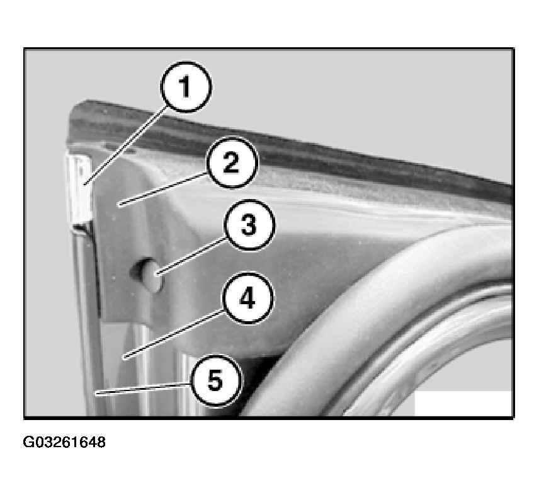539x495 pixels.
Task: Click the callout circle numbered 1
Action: click(x=186, y=87)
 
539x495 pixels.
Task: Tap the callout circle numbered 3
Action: click(x=249, y=225)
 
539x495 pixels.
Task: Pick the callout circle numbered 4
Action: click(x=248, y=298)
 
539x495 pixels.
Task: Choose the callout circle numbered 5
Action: click(x=216, y=381)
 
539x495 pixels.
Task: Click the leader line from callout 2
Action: click(x=162, y=190)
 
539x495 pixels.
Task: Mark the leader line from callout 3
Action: click(x=191, y=256)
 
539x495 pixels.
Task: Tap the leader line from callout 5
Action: click(x=143, y=389)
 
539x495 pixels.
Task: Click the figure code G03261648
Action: click(x=64, y=442)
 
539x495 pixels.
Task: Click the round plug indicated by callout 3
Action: click(x=149, y=275)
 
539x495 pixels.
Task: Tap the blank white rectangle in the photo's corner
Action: click(x=463, y=403)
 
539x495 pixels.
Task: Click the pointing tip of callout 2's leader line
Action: click(x=118, y=205)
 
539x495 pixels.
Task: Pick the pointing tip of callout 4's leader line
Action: click(x=123, y=359)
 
